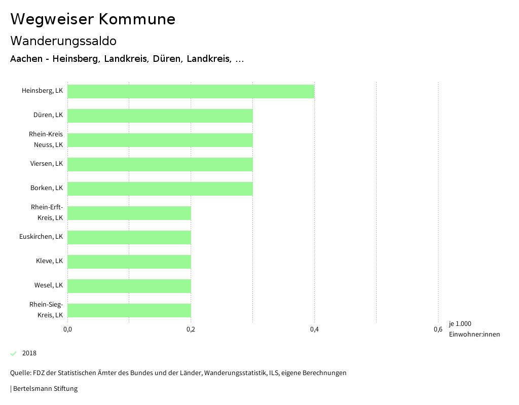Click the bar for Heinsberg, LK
point(191,91)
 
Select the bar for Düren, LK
point(160,116)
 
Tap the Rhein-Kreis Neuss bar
point(160,140)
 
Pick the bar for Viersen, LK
point(160,164)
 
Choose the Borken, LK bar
point(160,189)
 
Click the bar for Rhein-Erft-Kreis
point(129,213)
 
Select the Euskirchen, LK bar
point(129,237)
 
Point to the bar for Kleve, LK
point(129,262)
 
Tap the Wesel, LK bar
point(129,286)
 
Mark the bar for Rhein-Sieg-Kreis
point(129,310)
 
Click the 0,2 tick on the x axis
point(191,330)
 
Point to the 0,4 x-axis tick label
point(314,330)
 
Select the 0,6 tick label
point(438,330)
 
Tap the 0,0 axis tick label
point(67,330)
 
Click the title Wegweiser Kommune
point(93,19)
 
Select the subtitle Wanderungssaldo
point(63,41)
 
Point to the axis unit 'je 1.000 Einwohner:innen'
point(474,329)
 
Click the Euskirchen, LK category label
point(41,237)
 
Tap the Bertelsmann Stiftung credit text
point(45,389)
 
